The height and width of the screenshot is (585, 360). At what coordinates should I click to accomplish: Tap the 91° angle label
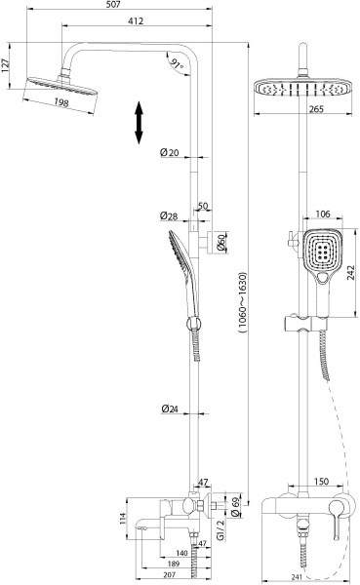176,65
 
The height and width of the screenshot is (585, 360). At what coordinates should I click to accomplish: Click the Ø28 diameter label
168,215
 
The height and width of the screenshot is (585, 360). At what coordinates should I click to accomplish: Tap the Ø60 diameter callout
222,243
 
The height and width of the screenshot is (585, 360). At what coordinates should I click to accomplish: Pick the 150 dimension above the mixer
320,482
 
